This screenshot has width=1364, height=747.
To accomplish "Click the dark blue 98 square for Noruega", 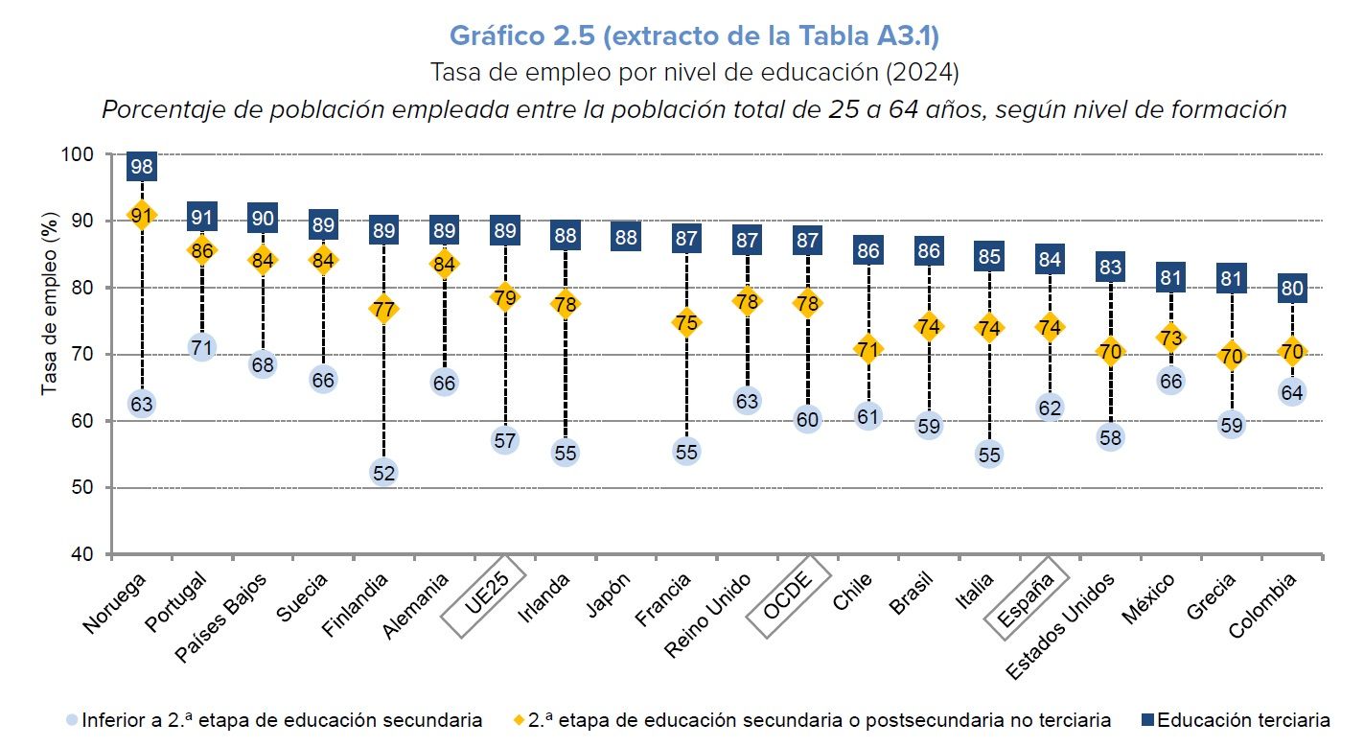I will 142,167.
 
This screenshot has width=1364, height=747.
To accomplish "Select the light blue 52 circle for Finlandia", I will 383,472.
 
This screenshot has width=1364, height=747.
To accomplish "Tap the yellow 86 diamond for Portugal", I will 202,250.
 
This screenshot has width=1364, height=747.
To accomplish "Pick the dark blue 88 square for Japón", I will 625,237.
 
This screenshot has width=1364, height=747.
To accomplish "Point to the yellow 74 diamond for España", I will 1050,327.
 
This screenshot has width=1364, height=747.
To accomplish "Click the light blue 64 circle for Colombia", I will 1291,392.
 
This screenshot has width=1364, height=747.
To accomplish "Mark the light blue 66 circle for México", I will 1170,381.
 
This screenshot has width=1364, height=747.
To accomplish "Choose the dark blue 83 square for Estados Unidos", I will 1110,267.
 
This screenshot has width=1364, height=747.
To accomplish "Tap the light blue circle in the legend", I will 72,719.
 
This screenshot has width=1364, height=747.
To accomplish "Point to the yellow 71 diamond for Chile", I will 868,350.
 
